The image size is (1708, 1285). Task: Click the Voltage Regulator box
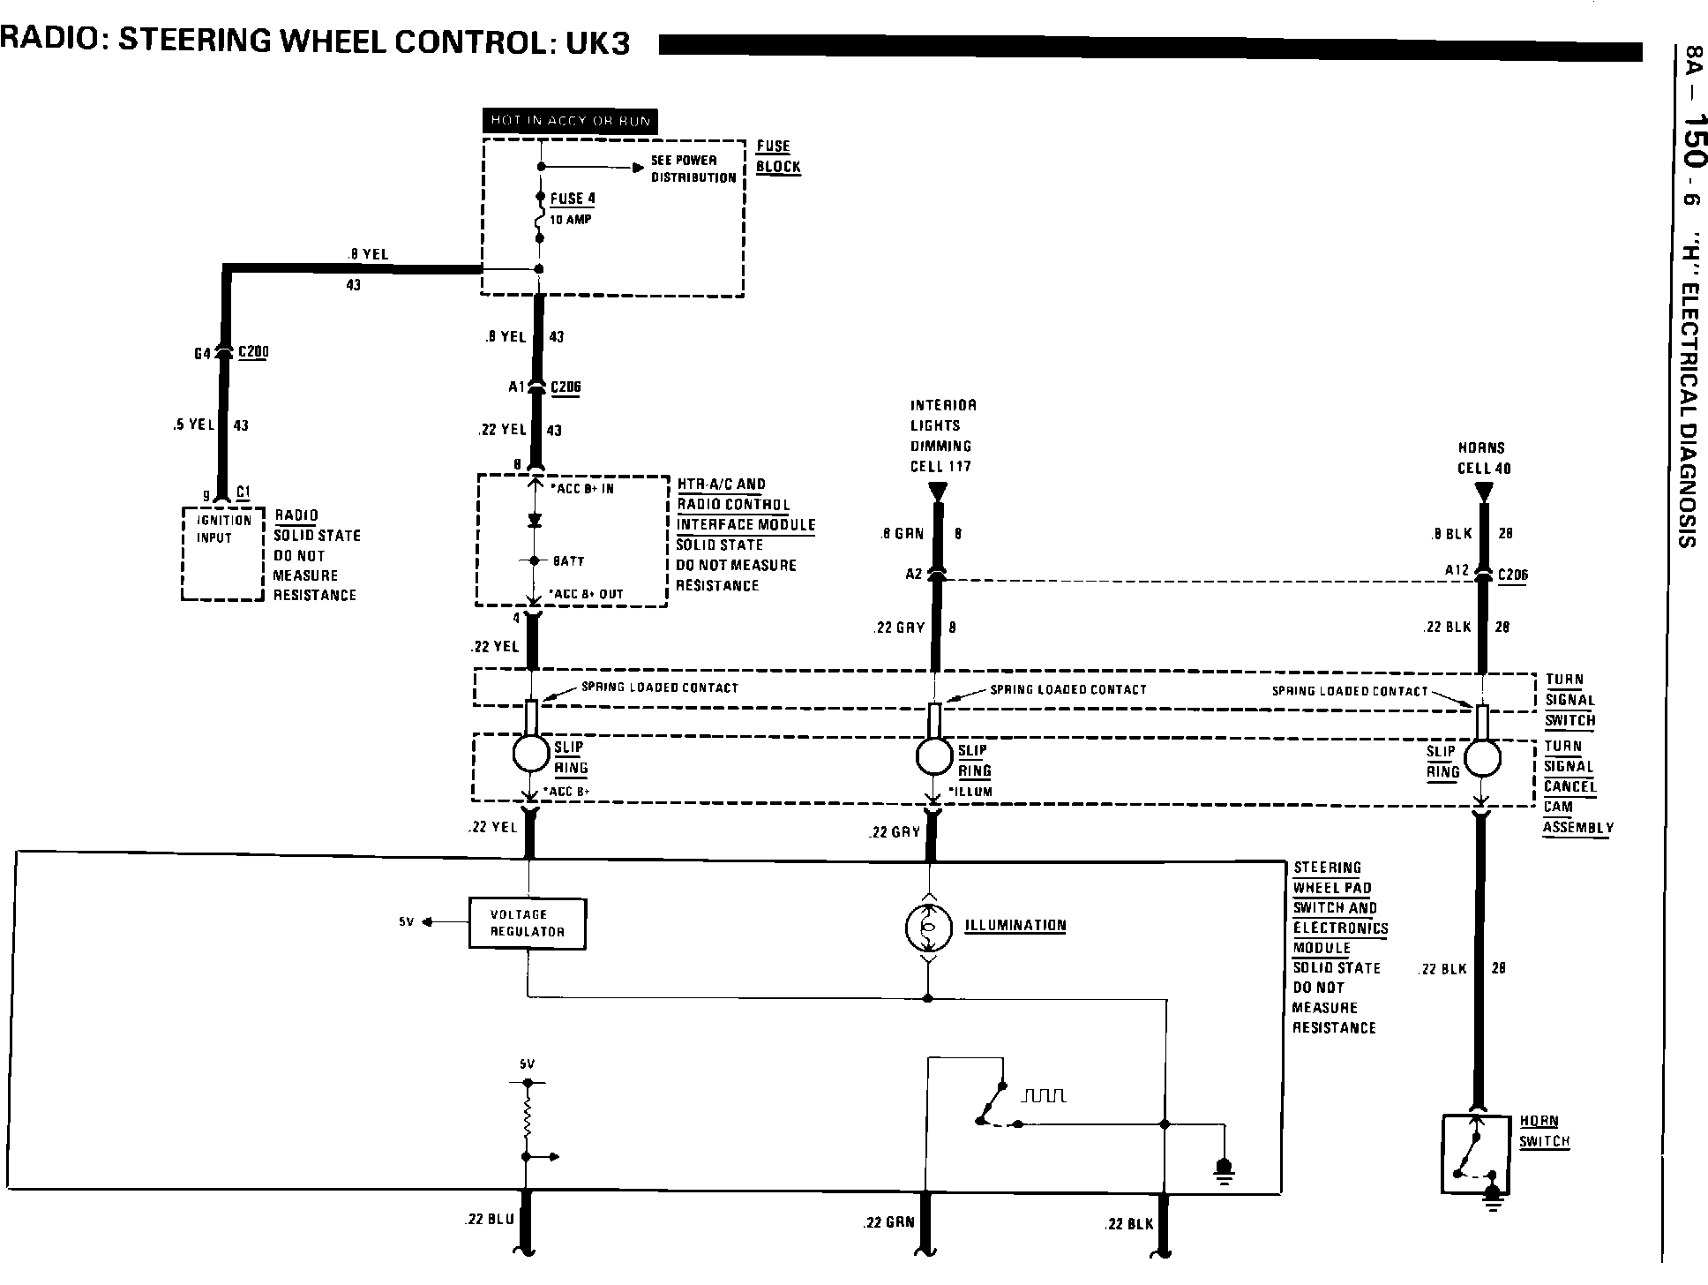(527, 923)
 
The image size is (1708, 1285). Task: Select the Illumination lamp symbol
(927, 926)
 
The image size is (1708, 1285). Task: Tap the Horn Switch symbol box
(1475, 1154)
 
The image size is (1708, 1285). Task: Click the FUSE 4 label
(573, 199)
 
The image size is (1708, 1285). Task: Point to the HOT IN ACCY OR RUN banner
(570, 121)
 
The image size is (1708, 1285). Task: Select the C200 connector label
(253, 352)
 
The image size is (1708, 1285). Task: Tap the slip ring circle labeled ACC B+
(530, 754)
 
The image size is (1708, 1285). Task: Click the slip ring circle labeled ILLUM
(933, 755)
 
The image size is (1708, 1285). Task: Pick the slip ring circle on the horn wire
(1482, 757)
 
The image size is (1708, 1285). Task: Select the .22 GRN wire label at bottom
(888, 1222)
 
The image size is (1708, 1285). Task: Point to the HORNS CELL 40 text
(1482, 458)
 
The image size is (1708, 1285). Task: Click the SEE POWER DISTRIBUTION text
(693, 169)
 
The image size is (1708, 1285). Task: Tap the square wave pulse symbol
(1044, 1095)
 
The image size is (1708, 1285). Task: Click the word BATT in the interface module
(568, 560)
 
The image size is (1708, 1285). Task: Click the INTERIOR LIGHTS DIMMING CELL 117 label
(942, 436)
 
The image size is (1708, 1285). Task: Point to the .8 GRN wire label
(901, 534)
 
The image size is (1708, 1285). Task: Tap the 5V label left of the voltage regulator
(406, 922)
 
